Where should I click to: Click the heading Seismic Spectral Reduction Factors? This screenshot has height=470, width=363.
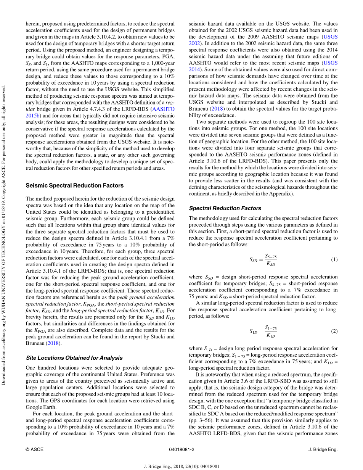[74, 186]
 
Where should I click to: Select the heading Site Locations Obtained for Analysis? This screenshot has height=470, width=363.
[74, 358]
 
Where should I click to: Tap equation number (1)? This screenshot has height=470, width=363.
[334, 260]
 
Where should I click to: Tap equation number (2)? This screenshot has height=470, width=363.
[334, 331]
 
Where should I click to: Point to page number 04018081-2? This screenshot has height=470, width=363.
[181, 449]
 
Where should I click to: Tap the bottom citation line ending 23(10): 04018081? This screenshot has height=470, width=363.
[181, 466]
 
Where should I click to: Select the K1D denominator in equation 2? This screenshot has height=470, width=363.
[271, 336]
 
